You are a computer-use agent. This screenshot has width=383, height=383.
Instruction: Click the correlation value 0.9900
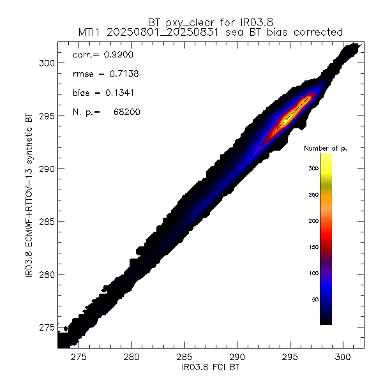(117, 56)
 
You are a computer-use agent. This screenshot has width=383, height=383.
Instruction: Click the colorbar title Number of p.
(326, 148)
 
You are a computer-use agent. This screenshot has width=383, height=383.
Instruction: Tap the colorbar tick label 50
(313, 299)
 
